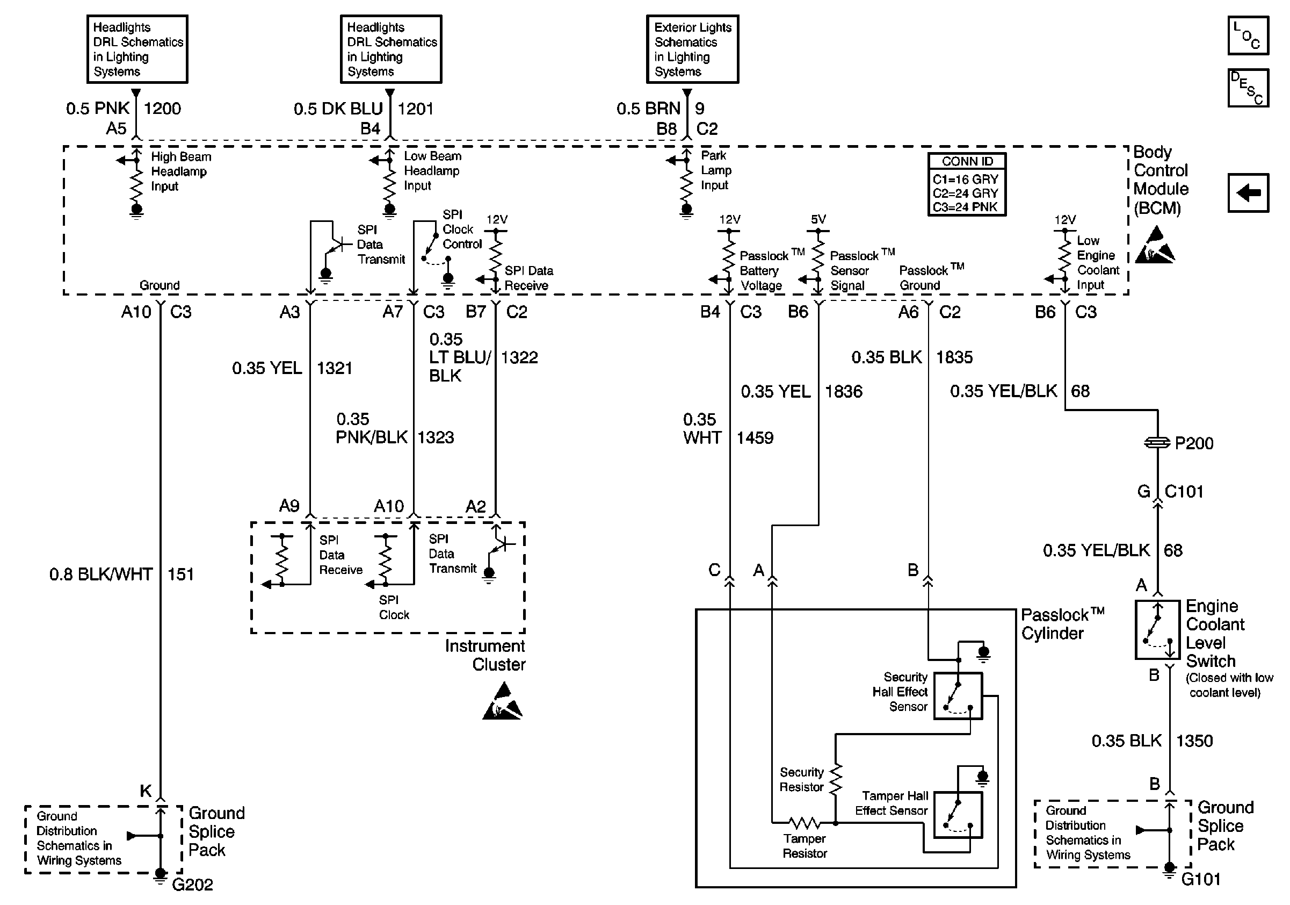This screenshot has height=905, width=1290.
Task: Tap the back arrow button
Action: [x=1248, y=193]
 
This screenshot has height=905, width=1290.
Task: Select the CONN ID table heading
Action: [x=967, y=161]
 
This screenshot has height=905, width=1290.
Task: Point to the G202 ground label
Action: [x=192, y=885]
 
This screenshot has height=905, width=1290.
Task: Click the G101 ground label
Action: [x=1201, y=879]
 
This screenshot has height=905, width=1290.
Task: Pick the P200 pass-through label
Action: [x=1193, y=443]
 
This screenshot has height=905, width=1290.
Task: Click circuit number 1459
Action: [x=755, y=438]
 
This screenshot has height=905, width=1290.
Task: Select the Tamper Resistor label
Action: [x=805, y=846]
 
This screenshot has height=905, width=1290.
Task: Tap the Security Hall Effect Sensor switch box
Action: [x=958, y=696]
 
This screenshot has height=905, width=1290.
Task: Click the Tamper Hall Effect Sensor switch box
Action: [x=958, y=815]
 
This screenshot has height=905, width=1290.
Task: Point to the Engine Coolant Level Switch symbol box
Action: [x=1157, y=629]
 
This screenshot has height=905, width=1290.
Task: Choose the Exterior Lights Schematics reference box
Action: [x=692, y=49]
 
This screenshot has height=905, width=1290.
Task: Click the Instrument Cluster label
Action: [x=485, y=656]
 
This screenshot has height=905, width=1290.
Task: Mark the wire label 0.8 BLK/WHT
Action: [x=101, y=574]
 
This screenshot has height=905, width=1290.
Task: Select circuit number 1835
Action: [x=954, y=357]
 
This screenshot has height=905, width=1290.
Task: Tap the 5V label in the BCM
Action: [x=818, y=219]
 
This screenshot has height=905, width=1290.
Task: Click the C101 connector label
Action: [x=1184, y=492]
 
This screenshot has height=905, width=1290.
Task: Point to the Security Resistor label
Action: [x=801, y=780]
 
